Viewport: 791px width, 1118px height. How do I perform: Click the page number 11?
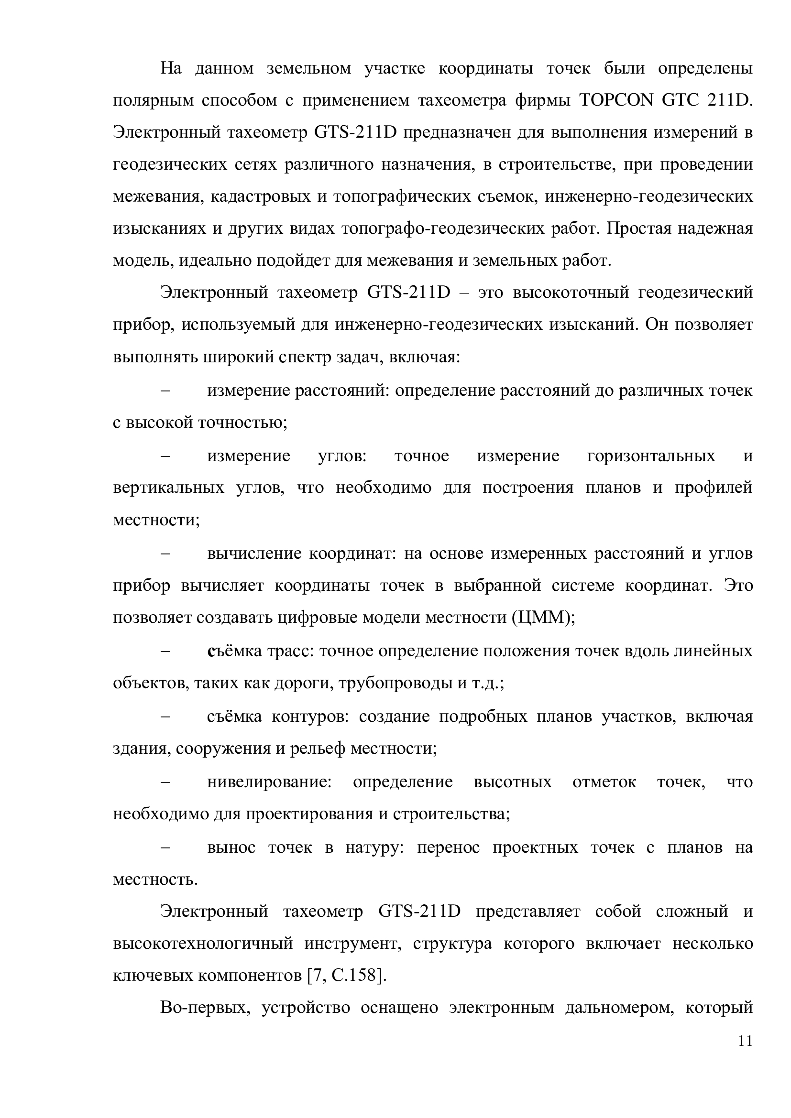(x=745, y=1041)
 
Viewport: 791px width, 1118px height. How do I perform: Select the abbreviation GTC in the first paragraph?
(x=678, y=100)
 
